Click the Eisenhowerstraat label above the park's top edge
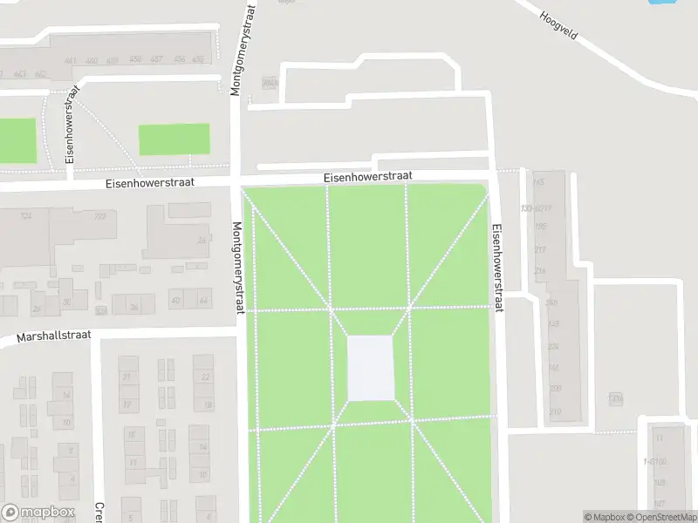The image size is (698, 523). point(367,176)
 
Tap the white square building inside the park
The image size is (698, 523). point(371,368)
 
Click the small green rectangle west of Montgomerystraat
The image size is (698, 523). point(174,139)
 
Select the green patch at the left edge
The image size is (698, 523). point(17,139)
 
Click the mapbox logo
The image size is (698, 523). point(38,513)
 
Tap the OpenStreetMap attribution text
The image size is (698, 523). point(659,517)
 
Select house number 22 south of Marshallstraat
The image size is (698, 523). point(207,377)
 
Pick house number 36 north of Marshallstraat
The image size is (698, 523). point(133,307)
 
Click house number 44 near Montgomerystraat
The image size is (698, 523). point(203,301)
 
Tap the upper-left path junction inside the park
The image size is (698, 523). point(331,308)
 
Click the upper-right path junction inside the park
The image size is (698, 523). point(408,308)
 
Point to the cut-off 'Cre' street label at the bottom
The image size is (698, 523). point(99,513)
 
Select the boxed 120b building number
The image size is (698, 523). point(616,398)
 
